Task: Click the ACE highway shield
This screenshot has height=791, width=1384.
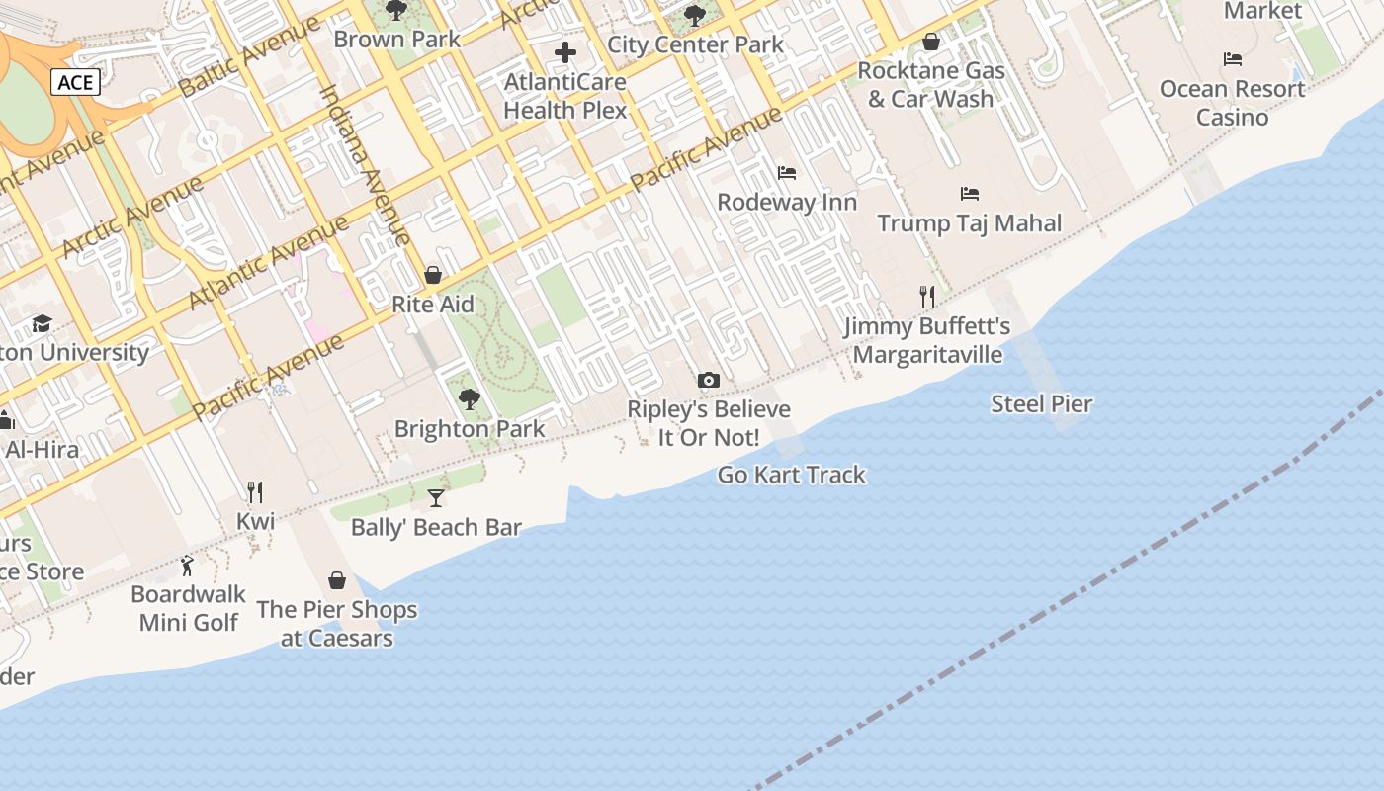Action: click(75, 82)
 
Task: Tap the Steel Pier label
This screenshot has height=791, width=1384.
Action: click(1042, 403)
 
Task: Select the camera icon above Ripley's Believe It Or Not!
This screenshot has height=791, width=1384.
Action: click(708, 380)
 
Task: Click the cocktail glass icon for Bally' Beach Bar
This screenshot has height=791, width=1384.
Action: click(436, 497)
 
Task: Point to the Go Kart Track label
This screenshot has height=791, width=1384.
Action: click(791, 475)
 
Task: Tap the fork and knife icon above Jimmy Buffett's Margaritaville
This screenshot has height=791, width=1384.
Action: click(927, 297)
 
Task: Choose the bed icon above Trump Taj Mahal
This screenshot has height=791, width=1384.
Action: click(970, 194)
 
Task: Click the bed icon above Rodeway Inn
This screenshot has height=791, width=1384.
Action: click(787, 173)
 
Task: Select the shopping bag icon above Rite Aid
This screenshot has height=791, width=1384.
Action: click(433, 275)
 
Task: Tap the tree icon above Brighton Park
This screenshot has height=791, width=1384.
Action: click(470, 399)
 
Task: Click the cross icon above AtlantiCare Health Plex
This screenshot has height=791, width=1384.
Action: click(565, 52)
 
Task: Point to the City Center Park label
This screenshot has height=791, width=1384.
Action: click(695, 44)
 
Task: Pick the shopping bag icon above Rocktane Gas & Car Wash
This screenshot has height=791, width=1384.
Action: click(930, 42)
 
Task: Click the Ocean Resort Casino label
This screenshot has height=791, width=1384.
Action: click(1232, 103)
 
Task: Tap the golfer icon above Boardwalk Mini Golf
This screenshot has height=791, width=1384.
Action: click(188, 566)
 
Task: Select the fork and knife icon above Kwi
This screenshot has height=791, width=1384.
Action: click(255, 491)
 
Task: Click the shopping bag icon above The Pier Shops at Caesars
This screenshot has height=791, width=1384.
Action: click(337, 580)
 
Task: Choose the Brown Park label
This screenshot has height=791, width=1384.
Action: click(397, 40)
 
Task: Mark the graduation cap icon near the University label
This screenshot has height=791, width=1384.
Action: click(42, 323)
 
